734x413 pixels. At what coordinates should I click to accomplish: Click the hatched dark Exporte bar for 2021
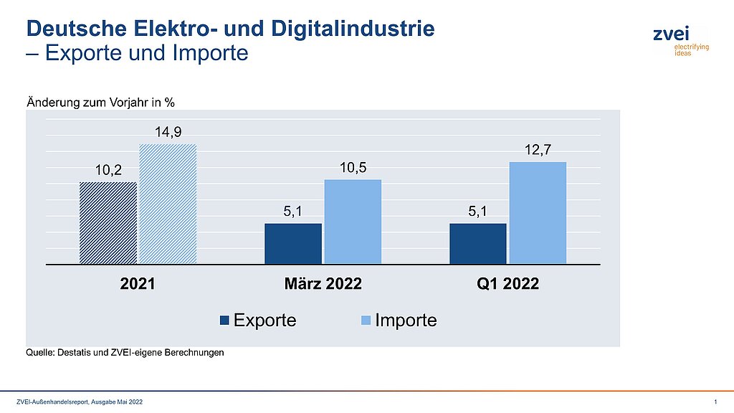pyautogui.click(x=108, y=223)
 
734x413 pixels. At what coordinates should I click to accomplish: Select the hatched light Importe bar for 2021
pyautogui.click(x=167, y=204)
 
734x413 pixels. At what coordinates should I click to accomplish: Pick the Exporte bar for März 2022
pyautogui.click(x=293, y=244)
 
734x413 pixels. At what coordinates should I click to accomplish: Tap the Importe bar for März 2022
pyautogui.click(x=353, y=222)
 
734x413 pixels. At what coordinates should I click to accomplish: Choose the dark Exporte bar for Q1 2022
pyautogui.click(x=478, y=244)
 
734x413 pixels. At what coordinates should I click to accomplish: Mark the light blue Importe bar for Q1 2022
pyautogui.click(x=538, y=213)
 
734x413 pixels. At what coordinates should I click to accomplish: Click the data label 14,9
pyautogui.click(x=167, y=132)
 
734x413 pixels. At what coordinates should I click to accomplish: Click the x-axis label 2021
pyautogui.click(x=137, y=283)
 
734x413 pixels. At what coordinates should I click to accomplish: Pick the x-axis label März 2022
pyautogui.click(x=323, y=283)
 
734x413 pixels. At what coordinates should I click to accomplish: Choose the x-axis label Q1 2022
pyautogui.click(x=507, y=283)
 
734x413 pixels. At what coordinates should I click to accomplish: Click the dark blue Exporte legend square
pyautogui.click(x=225, y=321)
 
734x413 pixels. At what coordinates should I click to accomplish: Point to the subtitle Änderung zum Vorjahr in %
pyautogui.click(x=100, y=102)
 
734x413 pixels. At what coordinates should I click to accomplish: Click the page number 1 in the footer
pyautogui.click(x=715, y=402)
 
